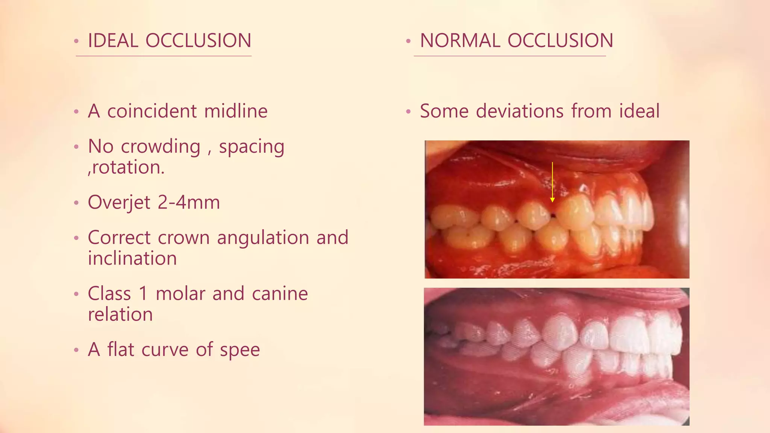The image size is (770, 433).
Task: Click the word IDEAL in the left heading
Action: coord(113,41)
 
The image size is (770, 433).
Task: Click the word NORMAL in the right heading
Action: coord(460,41)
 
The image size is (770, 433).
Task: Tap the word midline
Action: coord(236,111)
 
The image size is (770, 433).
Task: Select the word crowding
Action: coord(161,147)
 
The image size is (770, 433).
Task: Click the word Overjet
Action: coord(119,203)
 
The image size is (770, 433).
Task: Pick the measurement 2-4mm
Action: coord(188,203)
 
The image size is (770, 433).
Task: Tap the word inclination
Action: coord(132,259)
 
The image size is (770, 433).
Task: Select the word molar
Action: coord(180,294)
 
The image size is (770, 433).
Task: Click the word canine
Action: coord(280,294)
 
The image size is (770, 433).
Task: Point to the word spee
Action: coord(240,350)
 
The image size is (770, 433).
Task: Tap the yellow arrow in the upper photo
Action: coord(552,182)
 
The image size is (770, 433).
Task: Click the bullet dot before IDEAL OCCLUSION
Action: coord(76,41)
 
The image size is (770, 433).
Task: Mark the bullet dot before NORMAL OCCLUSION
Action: coord(408,41)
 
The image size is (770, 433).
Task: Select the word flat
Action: coord(121,350)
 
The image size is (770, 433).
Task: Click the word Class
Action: coord(109,294)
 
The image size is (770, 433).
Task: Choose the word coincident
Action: coord(152,111)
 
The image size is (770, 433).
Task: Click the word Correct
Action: coord(119,238)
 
